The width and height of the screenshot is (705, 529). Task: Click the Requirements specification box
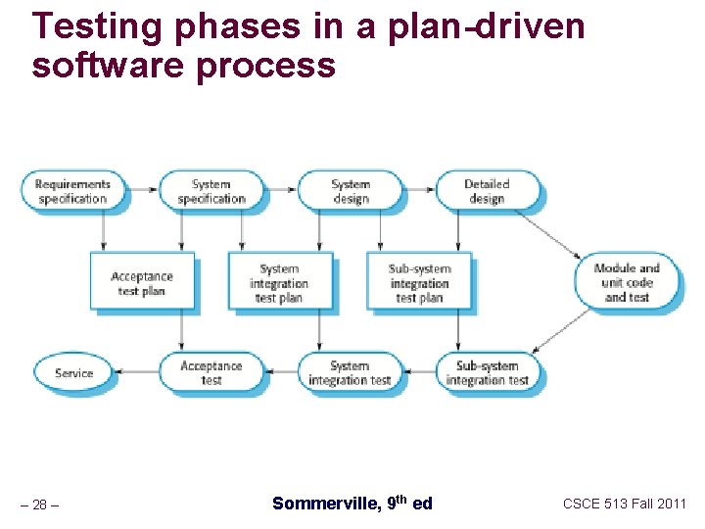coord(72,191)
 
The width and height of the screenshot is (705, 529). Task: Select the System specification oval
coord(211,191)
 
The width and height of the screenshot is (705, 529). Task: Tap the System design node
coord(350,191)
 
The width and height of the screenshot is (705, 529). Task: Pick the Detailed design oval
coord(487,191)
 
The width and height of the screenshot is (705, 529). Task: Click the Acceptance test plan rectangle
coord(142,284)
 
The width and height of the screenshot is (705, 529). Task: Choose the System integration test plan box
coord(280,283)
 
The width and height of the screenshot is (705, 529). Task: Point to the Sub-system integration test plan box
coord(419,283)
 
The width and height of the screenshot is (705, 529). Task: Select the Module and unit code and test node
coord(627,282)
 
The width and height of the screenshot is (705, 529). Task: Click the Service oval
coord(73,373)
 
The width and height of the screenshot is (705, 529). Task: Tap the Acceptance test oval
coord(211,373)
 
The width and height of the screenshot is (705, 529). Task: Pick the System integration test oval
coord(350,373)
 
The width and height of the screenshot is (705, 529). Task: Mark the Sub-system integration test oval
coord(487,373)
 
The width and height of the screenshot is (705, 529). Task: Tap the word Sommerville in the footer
coord(323,504)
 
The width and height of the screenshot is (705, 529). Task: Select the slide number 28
coord(39,505)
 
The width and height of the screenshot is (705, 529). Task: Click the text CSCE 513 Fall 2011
coord(624,504)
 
